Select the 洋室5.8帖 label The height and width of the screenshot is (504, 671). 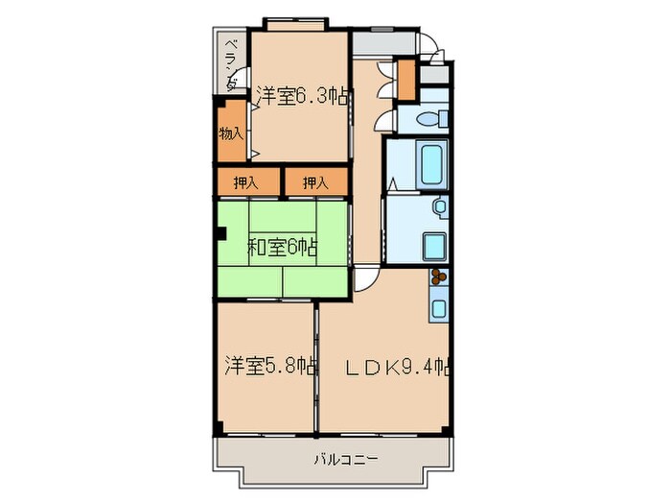tap(271, 366)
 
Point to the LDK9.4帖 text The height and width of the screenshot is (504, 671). tap(398, 367)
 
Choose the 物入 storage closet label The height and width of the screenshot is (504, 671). tap(231, 132)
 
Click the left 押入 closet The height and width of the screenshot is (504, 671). tap(246, 182)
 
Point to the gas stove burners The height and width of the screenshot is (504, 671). tap(440, 277)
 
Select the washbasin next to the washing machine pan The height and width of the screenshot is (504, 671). tap(439, 206)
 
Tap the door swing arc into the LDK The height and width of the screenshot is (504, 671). tap(368, 281)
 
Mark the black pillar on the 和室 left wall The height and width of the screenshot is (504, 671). tap(220, 231)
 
